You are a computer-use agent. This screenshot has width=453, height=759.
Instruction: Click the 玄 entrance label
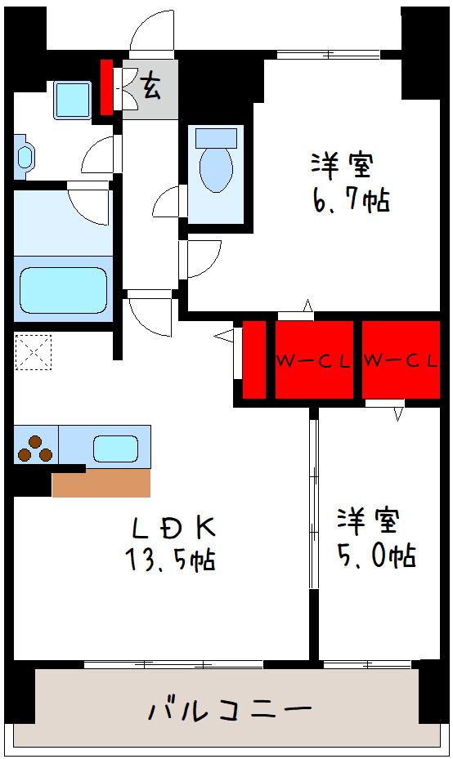point(150,85)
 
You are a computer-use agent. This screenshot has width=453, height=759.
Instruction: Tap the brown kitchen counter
point(101,482)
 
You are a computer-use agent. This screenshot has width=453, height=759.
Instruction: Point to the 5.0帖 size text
point(377,556)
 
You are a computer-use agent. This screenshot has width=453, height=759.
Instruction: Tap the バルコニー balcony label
point(230,708)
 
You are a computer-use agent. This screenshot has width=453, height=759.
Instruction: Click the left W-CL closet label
point(313,360)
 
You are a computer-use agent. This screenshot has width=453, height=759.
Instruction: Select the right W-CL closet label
point(401,360)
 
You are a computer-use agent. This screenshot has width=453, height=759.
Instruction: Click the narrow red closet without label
point(254,360)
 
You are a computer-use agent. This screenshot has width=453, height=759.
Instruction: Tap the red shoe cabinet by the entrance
point(106,87)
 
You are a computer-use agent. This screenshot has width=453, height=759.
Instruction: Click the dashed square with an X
point(33,353)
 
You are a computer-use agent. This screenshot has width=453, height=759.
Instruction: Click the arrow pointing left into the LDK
point(223,335)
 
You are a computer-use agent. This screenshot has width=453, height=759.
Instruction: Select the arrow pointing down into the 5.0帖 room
point(398,413)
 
